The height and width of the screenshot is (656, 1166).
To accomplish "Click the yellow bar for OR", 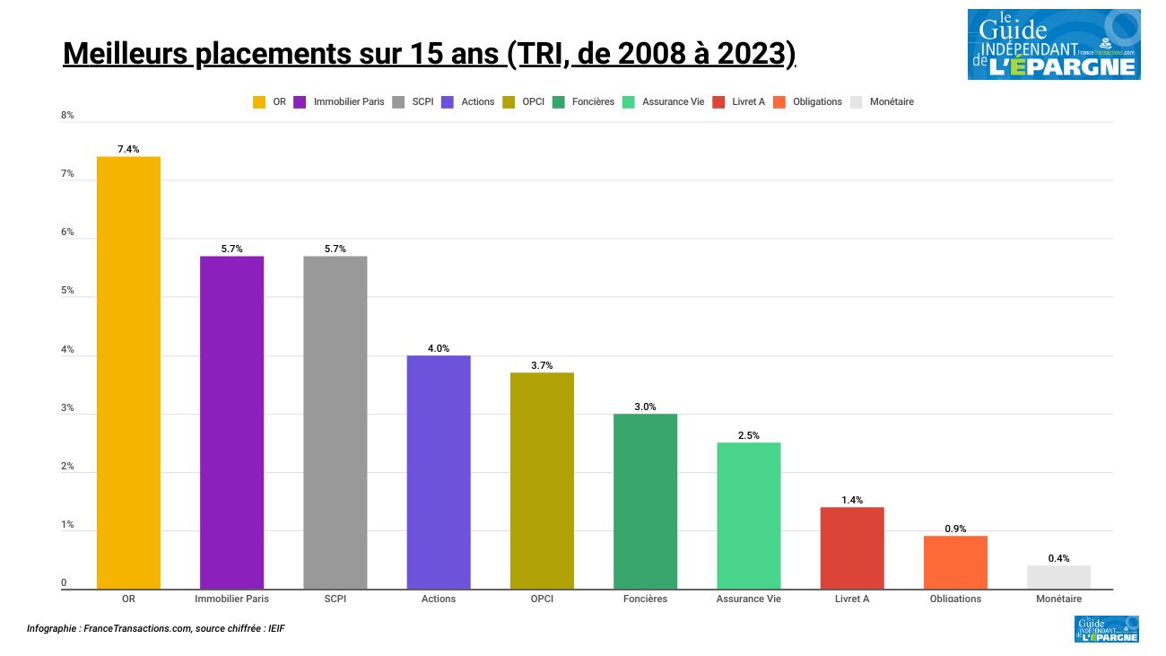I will pyautogui.click(x=128, y=372).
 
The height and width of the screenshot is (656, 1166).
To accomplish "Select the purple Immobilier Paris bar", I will pyautogui.click(x=231, y=422).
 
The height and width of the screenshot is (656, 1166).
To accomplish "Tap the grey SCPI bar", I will pyautogui.click(x=335, y=422).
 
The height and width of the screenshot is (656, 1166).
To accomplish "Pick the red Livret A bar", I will pyautogui.click(x=851, y=547).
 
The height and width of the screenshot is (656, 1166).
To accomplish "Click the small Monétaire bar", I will pyautogui.click(x=1058, y=577).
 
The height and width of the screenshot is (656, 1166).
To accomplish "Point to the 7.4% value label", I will pyautogui.click(x=128, y=149).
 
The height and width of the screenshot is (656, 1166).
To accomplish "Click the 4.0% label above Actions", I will pyautogui.click(x=439, y=348).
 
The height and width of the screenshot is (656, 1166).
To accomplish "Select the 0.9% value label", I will pyautogui.click(x=955, y=529).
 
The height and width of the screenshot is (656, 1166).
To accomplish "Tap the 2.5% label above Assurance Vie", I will pyautogui.click(x=748, y=435).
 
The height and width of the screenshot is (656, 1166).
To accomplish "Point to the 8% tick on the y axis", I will pyautogui.click(x=67, y=116).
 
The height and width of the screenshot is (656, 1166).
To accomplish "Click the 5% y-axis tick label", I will pyautogui.click(x=67, y=291).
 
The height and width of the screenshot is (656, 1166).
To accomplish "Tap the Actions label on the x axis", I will pyautogui.click(x=439, y=599).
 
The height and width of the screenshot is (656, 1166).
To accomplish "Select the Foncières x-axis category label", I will pyautogui.click(x=645, y=599).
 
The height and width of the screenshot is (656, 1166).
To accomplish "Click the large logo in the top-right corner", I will pyautogui.click(x=1053, y=44).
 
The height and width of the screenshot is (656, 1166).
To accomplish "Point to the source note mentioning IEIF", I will pyautogui.click(x=155, y=629).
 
